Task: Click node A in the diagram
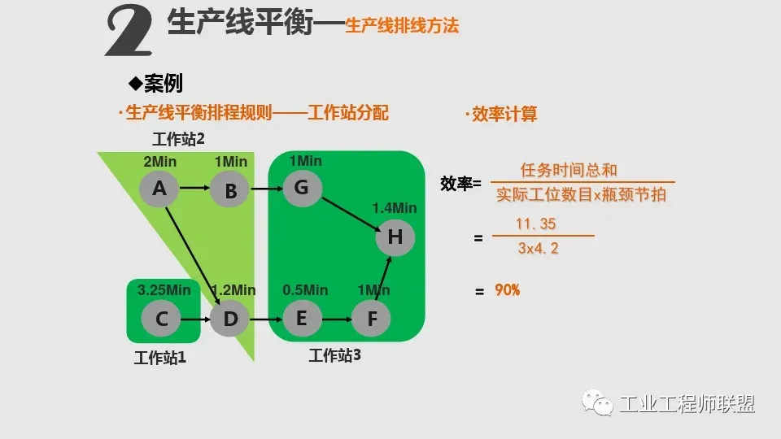(159, 189)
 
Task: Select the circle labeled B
(230, 192)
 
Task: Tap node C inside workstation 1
(162, 319)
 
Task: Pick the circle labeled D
(230, 319)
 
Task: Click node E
(302, 318)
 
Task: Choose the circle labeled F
(372, 319)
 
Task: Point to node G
(302, 189)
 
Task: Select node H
(395, 237)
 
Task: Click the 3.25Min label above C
(164, 289)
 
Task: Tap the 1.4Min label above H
(395, 208)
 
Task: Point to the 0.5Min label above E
(305, 289)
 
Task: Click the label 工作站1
(160, 358)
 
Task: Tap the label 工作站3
(334, 354)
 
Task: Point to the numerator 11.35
(537, 224)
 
